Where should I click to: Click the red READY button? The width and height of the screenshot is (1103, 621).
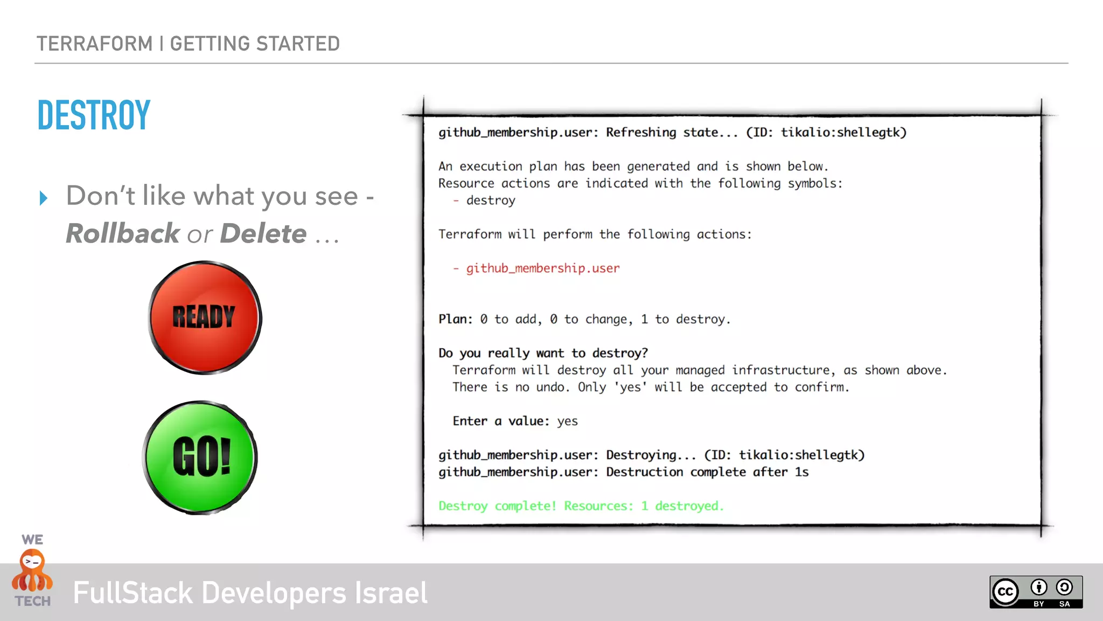pos(205,318)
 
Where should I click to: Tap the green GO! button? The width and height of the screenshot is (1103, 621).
pos(200,457)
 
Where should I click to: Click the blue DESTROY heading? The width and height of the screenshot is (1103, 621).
pos(94,115)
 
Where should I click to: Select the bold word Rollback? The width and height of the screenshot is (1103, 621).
pos(122,233)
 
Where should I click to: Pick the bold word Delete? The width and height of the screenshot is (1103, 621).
pos(263,233)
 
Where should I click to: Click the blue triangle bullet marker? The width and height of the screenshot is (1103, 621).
pos(44,198)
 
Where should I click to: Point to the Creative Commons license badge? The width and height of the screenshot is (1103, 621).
pos(1035,592)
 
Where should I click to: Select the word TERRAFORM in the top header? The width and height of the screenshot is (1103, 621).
pos(94,44)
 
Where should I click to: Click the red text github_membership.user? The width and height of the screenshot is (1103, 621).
pos(542,268)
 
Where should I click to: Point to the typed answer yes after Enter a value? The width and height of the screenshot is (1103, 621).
pos(567,421)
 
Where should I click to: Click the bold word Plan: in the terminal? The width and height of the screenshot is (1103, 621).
pos(455,319)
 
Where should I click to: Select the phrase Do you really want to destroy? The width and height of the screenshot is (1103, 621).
pos(543,353)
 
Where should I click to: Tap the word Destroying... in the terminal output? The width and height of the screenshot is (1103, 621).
pos(651,455)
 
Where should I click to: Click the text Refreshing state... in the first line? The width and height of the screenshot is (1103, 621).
pos(672,133)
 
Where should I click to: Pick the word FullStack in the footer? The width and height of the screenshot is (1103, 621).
pos(132,593)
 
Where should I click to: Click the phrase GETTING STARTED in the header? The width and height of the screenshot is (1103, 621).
pos(255,44)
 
